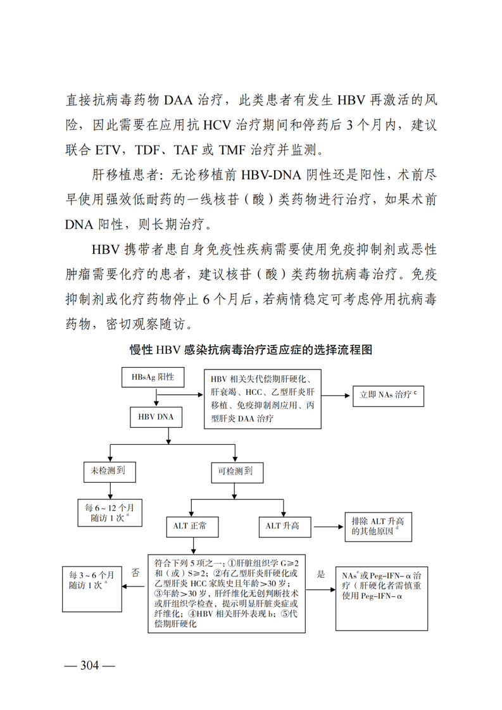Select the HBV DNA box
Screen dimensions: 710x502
(x=156, y=418)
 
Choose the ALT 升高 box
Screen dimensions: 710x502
(x=286, y=526)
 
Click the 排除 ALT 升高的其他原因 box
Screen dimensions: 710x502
(x=378, y=526)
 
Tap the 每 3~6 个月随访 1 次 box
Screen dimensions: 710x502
(x=92, y=580)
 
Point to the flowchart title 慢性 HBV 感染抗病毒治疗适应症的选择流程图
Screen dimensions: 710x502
(x=251, y=350)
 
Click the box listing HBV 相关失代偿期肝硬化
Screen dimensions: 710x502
(x=263, y=398)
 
